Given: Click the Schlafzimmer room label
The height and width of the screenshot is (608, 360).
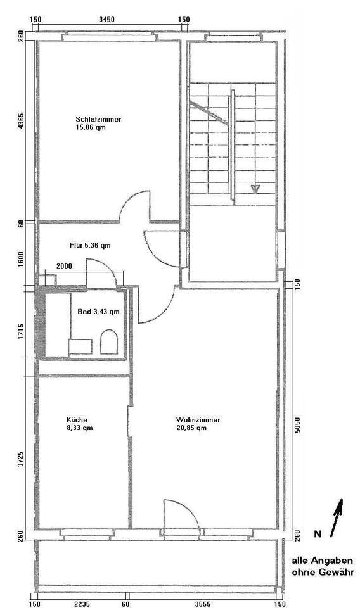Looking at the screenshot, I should (98, 119).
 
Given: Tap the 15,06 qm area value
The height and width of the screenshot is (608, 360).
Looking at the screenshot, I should (90, 127).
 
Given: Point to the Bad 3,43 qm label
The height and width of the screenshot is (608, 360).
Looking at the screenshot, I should (98, 312).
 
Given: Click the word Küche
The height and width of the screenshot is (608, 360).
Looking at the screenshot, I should (77, 420).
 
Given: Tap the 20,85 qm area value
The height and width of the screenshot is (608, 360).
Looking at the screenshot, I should (191, 428).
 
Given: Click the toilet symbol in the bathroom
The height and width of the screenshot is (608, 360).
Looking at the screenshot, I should (109, 343).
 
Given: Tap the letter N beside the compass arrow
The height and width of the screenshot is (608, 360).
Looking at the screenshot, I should (318, 535).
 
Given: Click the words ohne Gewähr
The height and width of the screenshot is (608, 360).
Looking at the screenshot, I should (322, 573).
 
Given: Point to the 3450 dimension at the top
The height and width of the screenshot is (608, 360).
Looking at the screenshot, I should (107, 20).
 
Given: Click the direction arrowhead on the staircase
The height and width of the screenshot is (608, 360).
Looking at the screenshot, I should (257, 188).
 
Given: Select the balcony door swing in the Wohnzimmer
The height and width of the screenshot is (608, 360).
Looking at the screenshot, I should (180, 513).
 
